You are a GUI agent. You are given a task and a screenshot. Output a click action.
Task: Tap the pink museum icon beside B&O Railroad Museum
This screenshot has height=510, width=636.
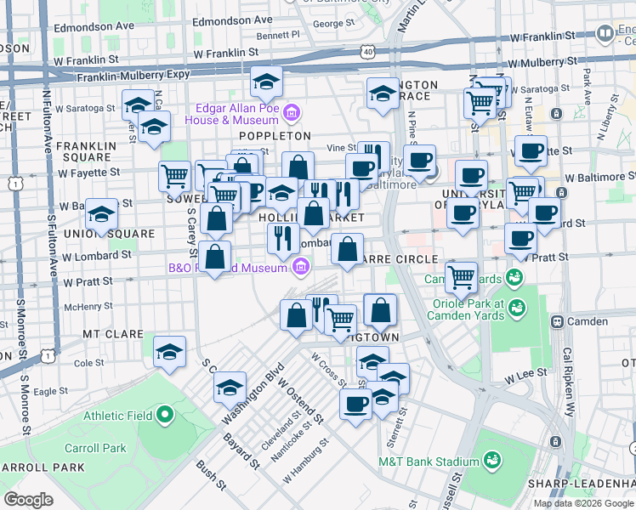click(x=299, y=269)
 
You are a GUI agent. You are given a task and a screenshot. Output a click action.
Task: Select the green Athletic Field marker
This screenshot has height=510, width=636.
click(x=165, y=415)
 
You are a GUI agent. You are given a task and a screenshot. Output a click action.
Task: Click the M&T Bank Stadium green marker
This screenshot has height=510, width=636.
click(x=491, y=461)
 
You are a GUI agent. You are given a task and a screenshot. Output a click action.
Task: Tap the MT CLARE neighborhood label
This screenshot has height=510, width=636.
click(x=112, y=334)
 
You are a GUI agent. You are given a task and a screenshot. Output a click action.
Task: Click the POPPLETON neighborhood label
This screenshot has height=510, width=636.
click(x=275, y=136)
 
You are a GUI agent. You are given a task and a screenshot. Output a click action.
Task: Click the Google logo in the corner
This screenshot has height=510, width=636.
click(x=29, y=500)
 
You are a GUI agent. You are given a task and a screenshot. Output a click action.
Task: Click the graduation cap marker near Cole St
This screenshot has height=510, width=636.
click(x=169, y=350)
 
